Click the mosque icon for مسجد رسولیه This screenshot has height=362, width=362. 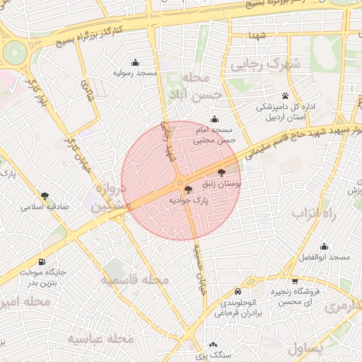tap(136, 62)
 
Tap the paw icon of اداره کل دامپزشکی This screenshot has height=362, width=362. tap(285, 95)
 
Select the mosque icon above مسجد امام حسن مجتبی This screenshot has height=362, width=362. tap(214, 119)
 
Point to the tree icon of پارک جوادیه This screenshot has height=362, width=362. tap(187, 189)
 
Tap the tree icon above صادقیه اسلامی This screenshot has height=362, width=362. tap(45, 196)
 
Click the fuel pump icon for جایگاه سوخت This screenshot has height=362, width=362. tap(41, 261)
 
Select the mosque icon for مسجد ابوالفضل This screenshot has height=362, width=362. tap(324, 247)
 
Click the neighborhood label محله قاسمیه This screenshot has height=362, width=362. tap(134, 280)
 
